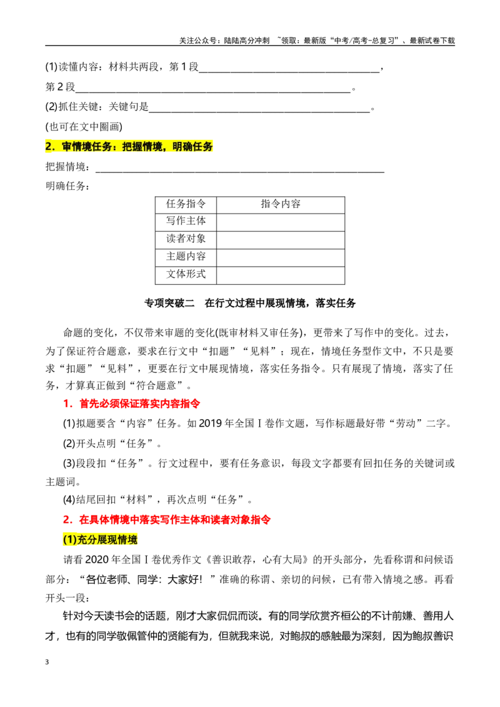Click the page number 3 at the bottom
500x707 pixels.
click(47, 662)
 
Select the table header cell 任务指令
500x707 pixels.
click(186, 204)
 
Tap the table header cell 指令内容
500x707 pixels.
click(281, 204)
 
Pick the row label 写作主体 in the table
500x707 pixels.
click(186, 221)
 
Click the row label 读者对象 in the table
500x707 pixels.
click(186, 239)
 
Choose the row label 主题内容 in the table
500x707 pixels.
click(186, 257)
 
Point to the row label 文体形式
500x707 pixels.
click(186, 274)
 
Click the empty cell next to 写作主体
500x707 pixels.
click(281, 222)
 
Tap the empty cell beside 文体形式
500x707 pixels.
click(281, 275)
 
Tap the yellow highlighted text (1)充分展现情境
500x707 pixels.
click(100, 539)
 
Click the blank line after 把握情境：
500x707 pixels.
click(240, 172)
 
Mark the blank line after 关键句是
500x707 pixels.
click(259, 111)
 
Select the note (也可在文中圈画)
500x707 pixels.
click(84, 127)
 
